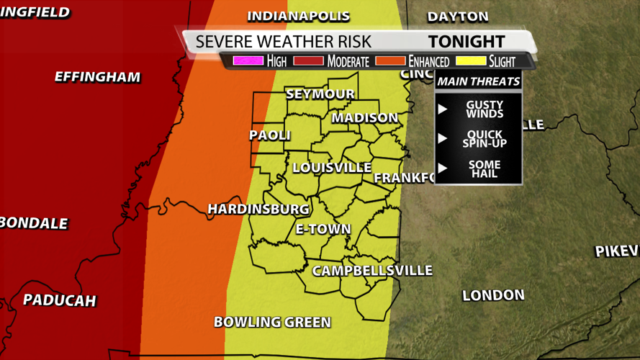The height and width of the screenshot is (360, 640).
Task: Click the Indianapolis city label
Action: click(x=298, y=16)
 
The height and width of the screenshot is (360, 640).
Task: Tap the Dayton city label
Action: click(x=457, y=17)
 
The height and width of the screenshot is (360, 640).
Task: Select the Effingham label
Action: click(x=97, y=77)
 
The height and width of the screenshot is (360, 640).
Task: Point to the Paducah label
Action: click(x=59, y=300)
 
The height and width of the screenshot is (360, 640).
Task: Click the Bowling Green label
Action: click(x=272, y=322)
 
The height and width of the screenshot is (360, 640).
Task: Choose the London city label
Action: click(x=493, y=295)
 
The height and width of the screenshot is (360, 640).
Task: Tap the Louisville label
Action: click(x=332, y=168)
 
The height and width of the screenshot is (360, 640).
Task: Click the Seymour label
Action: click(x=320, y=94)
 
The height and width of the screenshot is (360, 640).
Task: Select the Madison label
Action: click(x=364, y=117)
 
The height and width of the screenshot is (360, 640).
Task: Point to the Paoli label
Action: click(x=270, y=135)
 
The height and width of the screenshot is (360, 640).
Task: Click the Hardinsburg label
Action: click(x=258, y=209)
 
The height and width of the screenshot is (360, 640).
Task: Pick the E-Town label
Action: click(x=323, y=230)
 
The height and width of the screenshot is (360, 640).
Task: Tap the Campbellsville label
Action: click(x=372, y=271)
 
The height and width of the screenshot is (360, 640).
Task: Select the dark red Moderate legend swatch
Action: click(x=308, y=61)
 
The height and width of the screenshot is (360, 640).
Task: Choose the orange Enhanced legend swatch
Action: click(x=389, y=61)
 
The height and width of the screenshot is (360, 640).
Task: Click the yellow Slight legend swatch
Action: click(x=471, y=61)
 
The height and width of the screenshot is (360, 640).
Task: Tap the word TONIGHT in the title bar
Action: click(x=467, y=42)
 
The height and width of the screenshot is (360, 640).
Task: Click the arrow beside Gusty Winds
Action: click(x=443, y=109)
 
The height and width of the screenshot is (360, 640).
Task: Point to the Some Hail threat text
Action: click(x=484, y=169)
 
